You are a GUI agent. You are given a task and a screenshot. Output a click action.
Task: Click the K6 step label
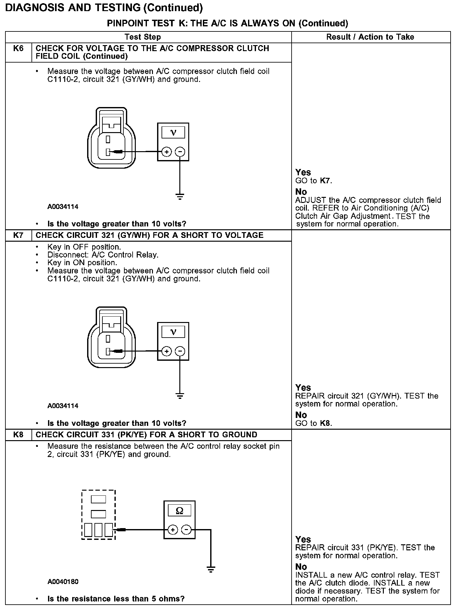pos(18,49)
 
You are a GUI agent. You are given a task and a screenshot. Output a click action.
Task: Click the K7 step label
pos(18,235)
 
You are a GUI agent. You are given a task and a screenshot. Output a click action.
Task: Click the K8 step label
pos(18,435)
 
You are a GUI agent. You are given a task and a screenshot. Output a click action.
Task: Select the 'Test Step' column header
pos(143,37)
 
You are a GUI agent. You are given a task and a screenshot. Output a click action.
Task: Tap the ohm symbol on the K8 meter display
pos(179,511)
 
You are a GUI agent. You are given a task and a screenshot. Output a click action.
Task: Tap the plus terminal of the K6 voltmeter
pos(166,152)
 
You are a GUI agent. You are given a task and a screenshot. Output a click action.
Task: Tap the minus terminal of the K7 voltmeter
pos(180,351)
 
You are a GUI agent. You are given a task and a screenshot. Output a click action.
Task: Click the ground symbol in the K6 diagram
pos(180,197)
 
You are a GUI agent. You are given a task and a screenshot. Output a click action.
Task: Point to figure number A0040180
pos(63,582)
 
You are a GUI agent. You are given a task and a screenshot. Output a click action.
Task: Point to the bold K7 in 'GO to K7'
pos(325,181)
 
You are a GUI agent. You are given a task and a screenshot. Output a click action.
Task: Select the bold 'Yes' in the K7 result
pos(303,388)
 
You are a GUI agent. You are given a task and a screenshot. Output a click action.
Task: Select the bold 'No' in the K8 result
pos(301,567)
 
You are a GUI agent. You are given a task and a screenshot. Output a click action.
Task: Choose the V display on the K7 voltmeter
pos(173,332)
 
